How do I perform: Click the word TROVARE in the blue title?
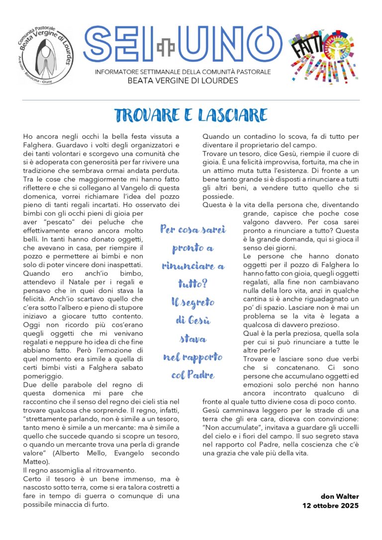coord(145,115)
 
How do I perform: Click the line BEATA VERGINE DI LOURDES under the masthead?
coord(183,81)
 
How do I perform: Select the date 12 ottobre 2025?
coord(331,505)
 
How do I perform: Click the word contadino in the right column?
coord(253,136)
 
